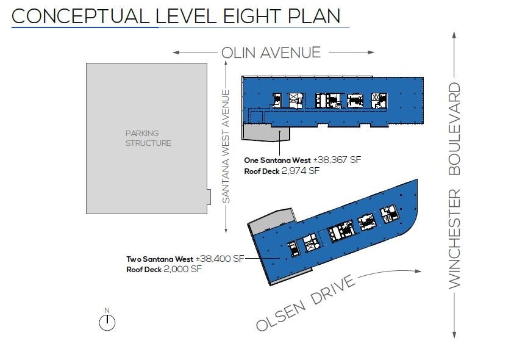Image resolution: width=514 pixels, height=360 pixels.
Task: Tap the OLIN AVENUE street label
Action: [x=271, y=52]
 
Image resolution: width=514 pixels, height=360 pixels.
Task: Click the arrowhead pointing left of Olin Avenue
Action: [x=176, y=52]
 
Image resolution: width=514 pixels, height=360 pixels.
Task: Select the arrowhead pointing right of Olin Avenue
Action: [x=371, y=52]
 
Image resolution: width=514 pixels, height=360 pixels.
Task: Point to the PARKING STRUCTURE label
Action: [x=148, y=138]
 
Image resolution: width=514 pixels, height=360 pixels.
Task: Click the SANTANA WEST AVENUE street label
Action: [x=226, y=146]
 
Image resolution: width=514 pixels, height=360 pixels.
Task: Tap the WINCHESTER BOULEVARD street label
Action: [x=454, y=185]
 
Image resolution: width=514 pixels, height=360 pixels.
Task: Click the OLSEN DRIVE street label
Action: [x=305, y=303]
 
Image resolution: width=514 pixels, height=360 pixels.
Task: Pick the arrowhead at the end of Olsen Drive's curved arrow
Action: [x=418, y=271]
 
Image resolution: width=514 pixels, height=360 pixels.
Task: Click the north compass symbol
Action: [x=107, y=322]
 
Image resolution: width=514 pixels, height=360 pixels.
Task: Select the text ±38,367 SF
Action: [x=337, y=160]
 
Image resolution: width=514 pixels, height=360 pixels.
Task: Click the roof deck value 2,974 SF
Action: [x=300, y=171]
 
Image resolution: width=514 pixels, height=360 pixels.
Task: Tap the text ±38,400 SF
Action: [x=220, y=259]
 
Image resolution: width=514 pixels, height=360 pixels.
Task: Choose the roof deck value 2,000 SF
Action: [x=182, y=269]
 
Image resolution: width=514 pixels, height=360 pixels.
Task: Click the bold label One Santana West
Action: [x=277, y=160]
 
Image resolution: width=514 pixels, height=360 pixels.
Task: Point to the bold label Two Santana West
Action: [x=160, y=259]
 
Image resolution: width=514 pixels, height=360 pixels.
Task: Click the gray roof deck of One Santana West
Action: [x=265, y=133]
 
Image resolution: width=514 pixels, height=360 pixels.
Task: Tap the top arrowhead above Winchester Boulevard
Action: [x=454, y=35]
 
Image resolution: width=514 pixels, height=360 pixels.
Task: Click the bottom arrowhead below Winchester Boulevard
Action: [x=454, y=335]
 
